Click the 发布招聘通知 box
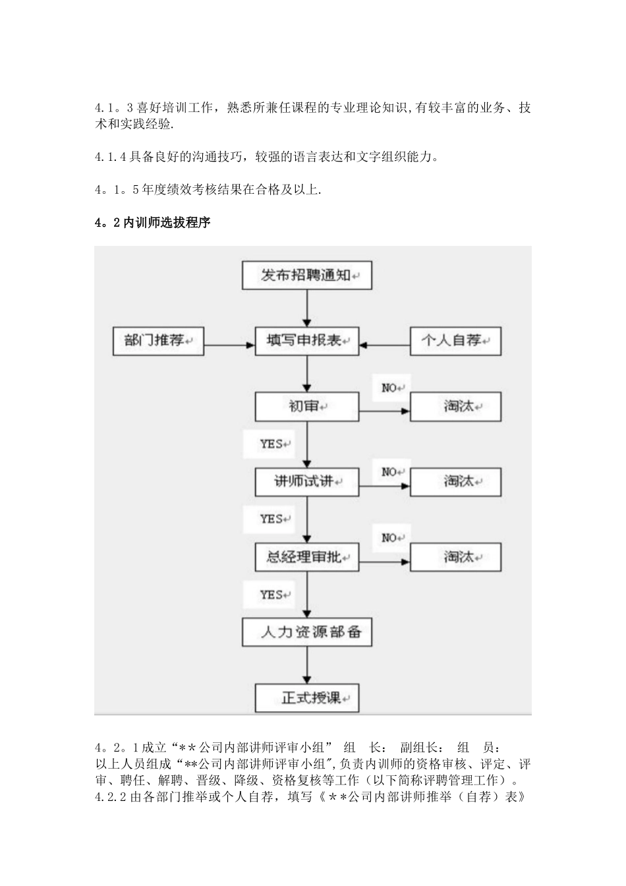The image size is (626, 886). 307,275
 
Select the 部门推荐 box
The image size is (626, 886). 158,341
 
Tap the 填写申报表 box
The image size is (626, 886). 307,341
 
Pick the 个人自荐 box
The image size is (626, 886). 455,341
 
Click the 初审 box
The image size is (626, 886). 307,407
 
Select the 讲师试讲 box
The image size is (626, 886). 307,482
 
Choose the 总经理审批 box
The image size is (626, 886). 307,557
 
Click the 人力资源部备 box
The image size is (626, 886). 307,632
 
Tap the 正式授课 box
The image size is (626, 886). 307,697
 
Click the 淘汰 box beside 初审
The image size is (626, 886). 455,407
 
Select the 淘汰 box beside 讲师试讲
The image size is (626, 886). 455,482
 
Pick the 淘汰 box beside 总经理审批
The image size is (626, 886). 455,557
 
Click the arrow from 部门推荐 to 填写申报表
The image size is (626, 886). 229,343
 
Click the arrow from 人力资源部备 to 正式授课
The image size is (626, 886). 307,664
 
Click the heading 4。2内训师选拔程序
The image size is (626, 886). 152,223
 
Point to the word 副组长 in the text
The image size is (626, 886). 418,748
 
